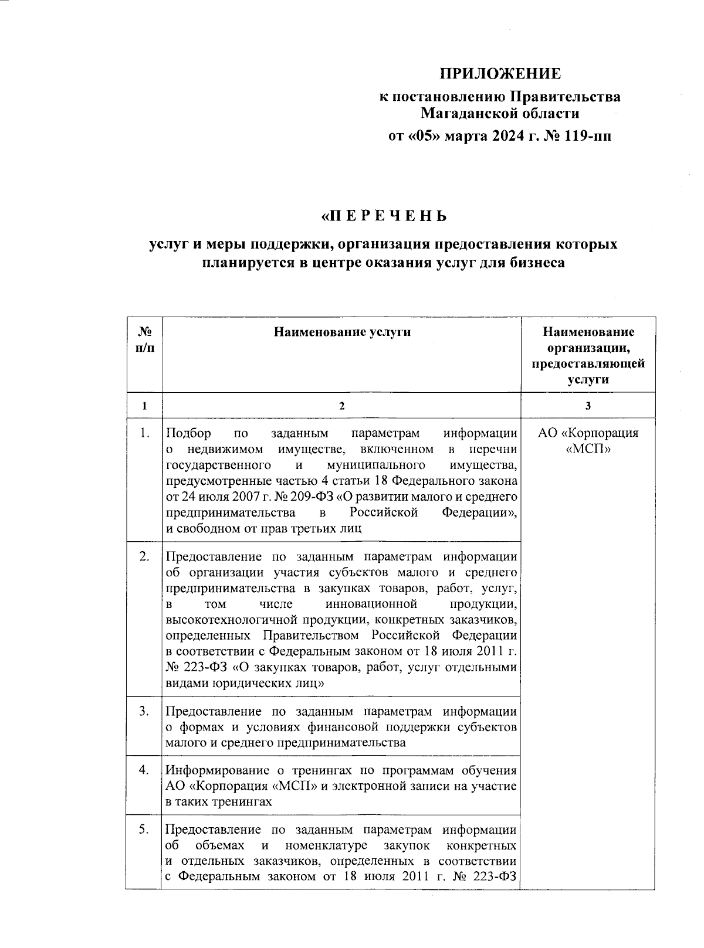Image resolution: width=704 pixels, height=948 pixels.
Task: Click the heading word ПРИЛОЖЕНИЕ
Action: point(500,74)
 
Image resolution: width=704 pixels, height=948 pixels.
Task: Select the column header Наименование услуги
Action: point(342,332)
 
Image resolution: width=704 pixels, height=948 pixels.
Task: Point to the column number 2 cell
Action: point(342,406)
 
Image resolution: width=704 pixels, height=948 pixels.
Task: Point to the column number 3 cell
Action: point(588,406)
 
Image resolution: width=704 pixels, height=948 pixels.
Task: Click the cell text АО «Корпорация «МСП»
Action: point(588,441)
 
